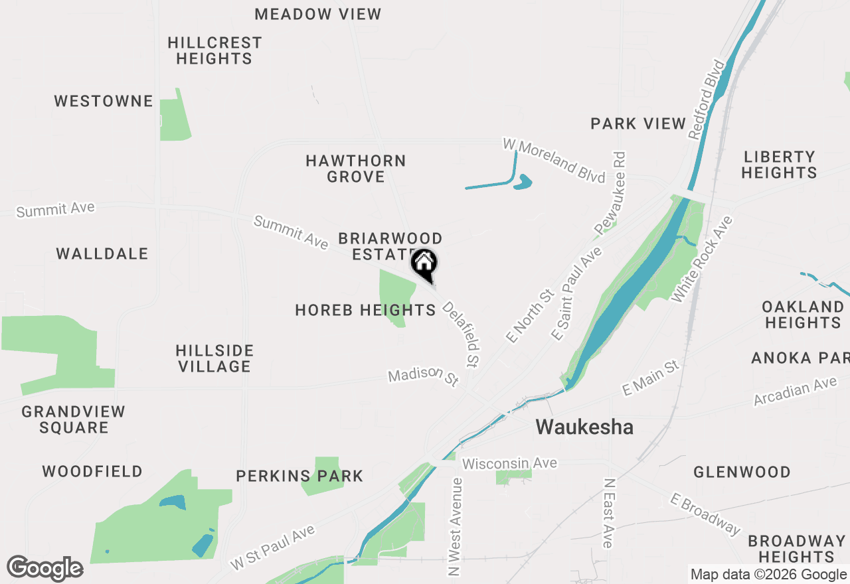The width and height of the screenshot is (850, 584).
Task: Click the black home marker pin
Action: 424,263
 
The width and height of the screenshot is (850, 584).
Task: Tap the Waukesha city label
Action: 584,427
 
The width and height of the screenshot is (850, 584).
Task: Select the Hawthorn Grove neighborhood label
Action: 356,169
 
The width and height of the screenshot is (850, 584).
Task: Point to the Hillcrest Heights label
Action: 214,50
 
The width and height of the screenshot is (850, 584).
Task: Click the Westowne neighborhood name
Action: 104,101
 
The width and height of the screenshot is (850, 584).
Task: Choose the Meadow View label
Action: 318,14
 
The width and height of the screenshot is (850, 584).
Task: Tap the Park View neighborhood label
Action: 638,123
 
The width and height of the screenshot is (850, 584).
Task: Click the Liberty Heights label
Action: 779,165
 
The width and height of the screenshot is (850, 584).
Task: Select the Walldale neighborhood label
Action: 102,254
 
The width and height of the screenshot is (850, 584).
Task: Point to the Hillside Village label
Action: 214,358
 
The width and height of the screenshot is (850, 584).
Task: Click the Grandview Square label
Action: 74,419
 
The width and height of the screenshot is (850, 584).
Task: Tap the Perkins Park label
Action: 299,476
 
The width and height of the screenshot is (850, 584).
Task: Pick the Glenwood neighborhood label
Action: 742,472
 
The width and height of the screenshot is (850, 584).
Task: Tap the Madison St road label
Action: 424,376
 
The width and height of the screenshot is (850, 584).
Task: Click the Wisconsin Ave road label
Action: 509,463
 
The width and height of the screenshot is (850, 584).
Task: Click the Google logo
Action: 45,569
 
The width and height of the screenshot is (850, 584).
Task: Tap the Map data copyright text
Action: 768,575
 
